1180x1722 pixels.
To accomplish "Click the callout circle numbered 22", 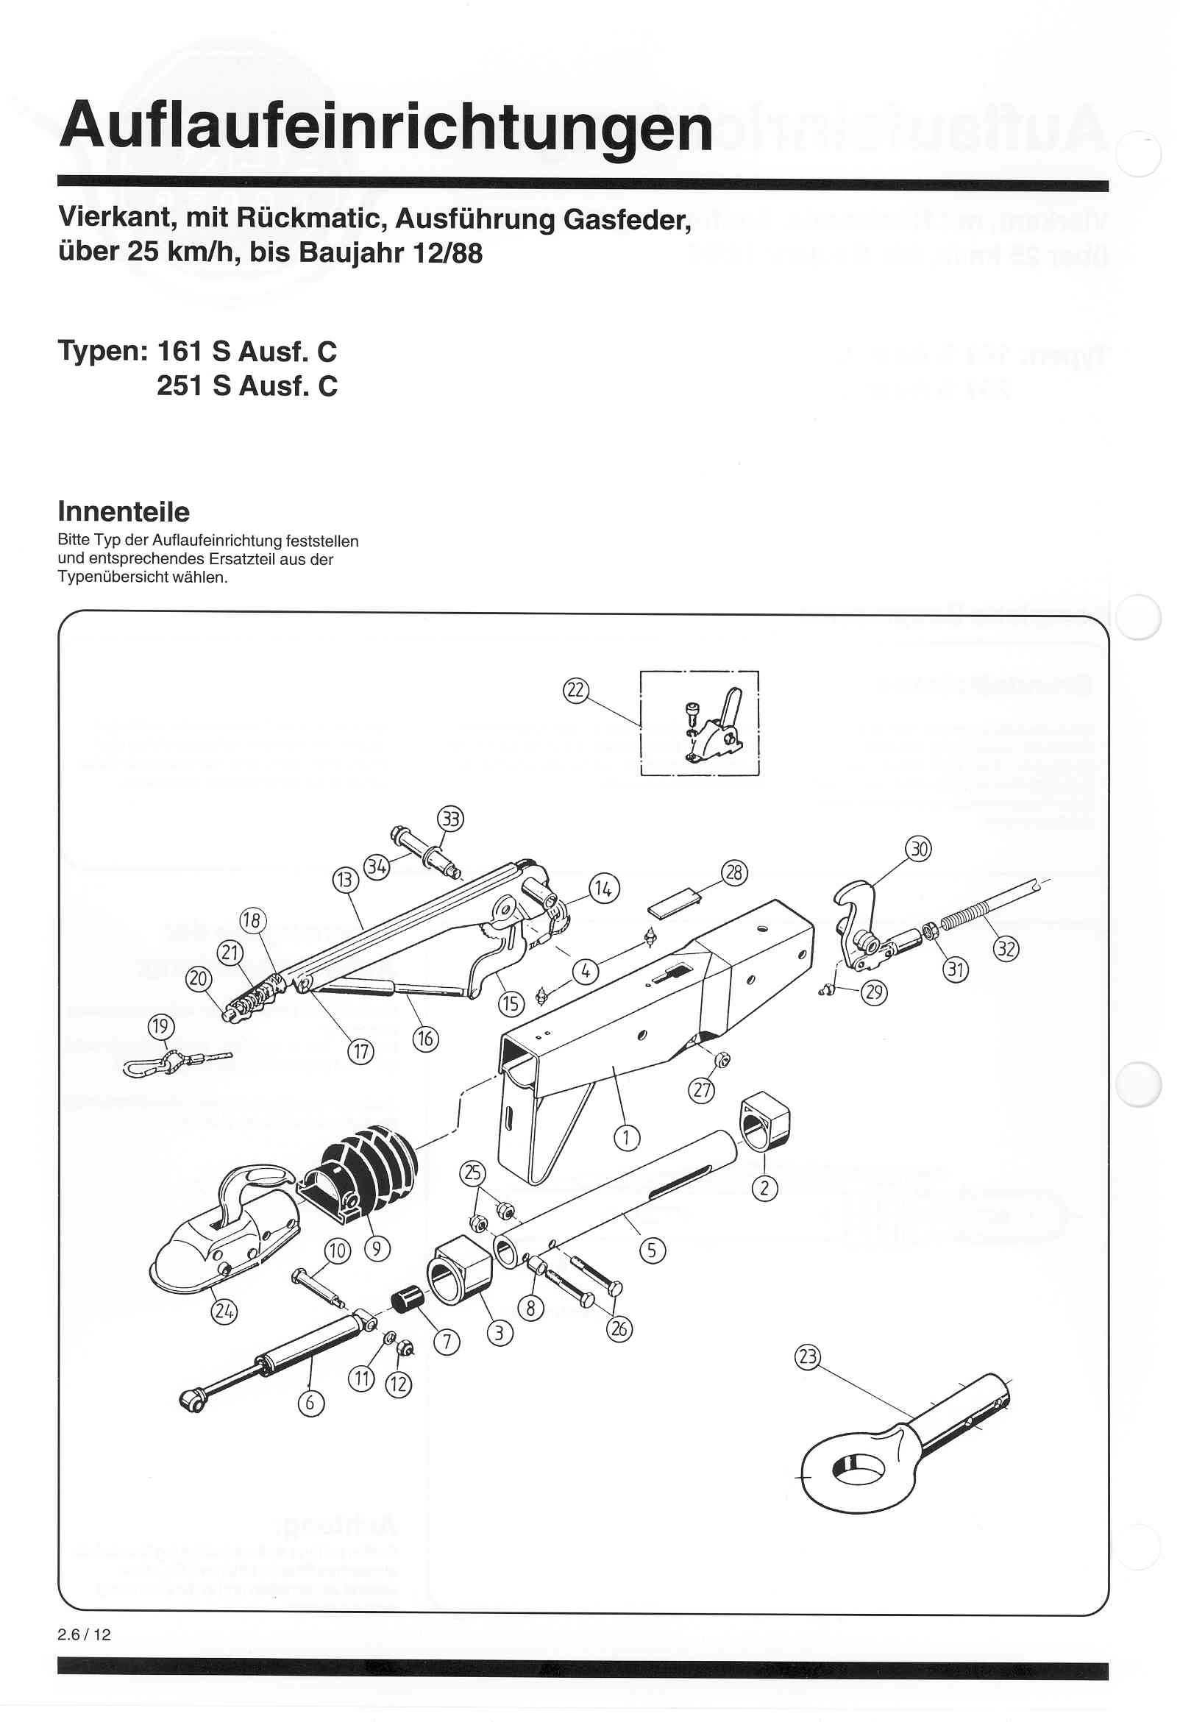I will point(575,691).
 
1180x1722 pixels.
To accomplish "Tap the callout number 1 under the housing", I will point(626,1136).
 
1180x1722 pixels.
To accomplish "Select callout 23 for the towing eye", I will point(806,1358).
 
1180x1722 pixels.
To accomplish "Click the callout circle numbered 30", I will point(918,849).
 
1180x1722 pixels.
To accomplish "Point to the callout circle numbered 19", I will point(161,1027).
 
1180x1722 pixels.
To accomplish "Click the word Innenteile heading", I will point(123,512).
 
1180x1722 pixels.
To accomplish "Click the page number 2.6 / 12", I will point(84,1634).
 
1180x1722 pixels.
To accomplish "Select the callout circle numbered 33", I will point(451,819).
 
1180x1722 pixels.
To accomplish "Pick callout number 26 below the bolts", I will point(619,1329).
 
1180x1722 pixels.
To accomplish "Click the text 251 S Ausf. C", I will point(247,386).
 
